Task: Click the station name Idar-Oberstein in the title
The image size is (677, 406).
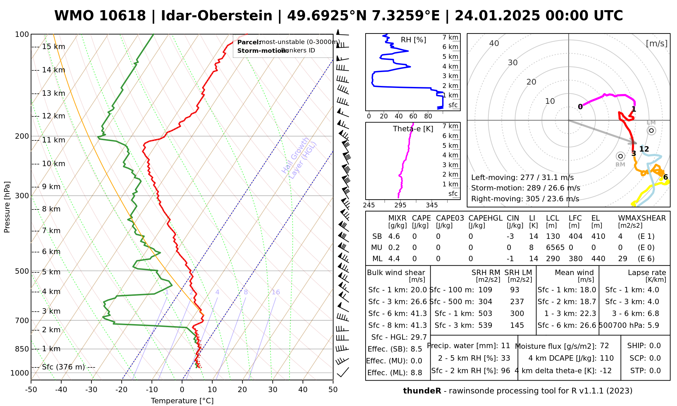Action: [216, 16]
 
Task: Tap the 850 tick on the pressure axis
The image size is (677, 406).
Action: [22, 349]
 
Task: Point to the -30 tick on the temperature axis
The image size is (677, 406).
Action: [91, 389]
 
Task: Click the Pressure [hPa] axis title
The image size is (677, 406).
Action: [7, 207]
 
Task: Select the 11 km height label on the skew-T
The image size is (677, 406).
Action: [53, 140]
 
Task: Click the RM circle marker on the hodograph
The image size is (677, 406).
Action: [620, 156]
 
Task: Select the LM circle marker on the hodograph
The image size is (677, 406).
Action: [651, 131]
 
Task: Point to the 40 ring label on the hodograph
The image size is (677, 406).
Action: [494, 43]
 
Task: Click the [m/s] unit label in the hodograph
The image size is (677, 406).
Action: [656, 43]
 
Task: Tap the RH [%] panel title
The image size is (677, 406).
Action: [413, 40]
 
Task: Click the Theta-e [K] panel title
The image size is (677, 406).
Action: [413, 129]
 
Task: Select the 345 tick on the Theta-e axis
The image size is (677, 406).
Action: [432, 205]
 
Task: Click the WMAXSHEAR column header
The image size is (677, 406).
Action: [642, 218]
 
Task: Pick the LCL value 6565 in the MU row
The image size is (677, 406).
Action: [555, 248]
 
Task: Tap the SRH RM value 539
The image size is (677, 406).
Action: [485, 325]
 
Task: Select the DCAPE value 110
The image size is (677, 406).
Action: [607, 358]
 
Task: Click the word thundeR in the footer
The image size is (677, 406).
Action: [422, 391]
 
